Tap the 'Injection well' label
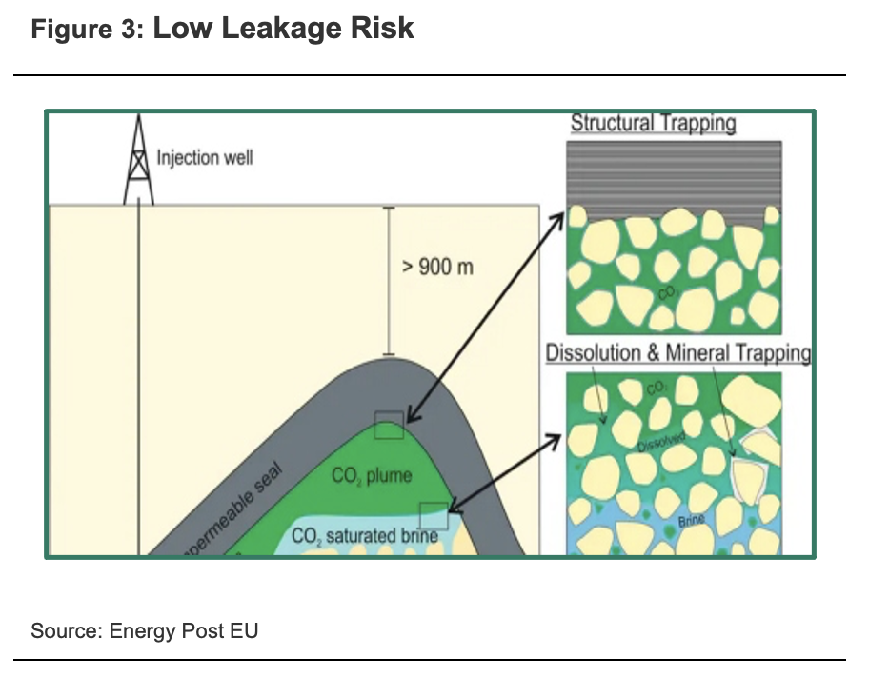tap(205, 157)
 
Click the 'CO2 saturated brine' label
tap(365, 535)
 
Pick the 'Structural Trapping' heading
tap(654, 124)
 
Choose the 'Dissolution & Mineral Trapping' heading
tap(677, 353)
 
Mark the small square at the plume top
tap(389, 426)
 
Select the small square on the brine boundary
tap(434, 514)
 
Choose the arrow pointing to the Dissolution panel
tap(505, 471)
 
